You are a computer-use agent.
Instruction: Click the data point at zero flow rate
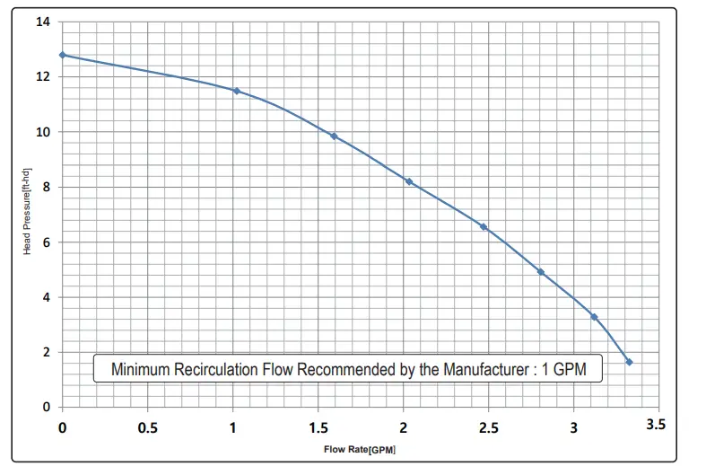click(62, 55)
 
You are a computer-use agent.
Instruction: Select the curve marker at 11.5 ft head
click(236, 91)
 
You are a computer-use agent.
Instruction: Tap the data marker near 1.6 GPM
click(334, 136)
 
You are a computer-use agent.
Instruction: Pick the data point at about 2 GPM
click(409, 181)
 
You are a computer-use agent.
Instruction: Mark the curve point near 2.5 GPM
click(484, 227)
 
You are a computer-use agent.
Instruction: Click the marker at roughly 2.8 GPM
click(540, 272)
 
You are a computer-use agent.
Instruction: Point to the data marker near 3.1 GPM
click(594, 317)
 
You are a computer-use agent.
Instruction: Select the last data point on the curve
click(629, 362)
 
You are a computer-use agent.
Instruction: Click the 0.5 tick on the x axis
click(147, 428)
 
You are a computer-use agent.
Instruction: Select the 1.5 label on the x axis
click(317, 428)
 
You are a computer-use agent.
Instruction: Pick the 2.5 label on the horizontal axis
click(487, 428)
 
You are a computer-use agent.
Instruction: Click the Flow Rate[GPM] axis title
click(360, 448)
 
